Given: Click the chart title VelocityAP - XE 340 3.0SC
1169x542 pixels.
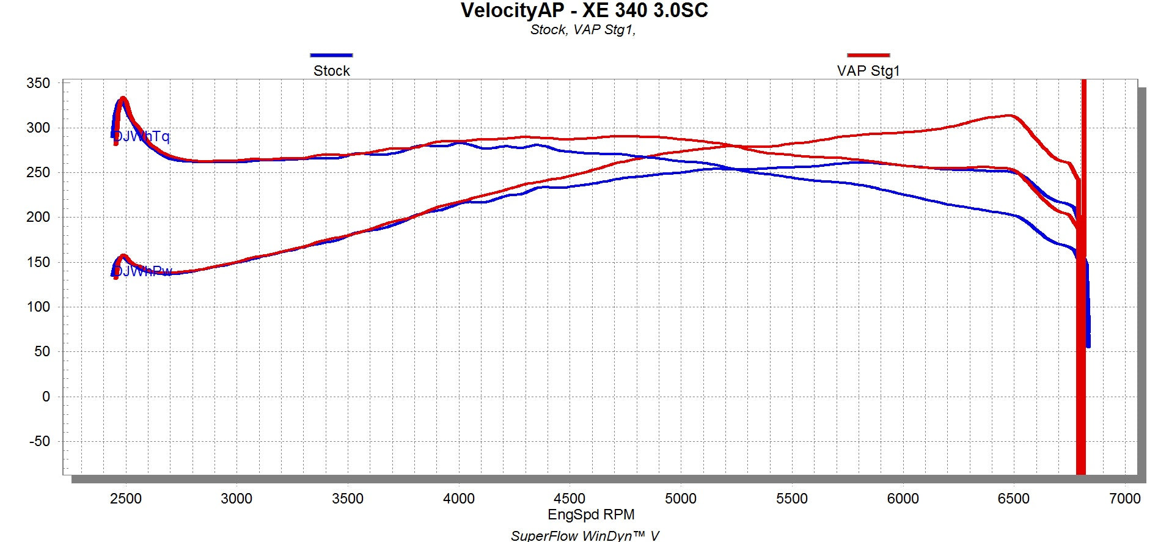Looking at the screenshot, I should (x=584, y=11).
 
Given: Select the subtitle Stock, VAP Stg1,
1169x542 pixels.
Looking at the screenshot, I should (x=582, y=30).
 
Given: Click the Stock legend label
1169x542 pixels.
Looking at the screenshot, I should (x=331, y=71).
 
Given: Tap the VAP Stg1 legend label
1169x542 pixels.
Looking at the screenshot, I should (x=868, y=71).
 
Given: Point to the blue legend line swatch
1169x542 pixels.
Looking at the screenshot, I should (x=331, y=55).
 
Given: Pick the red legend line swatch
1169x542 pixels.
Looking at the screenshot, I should (x=868, y=55).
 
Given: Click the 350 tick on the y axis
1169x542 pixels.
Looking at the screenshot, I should (x=38, y=83).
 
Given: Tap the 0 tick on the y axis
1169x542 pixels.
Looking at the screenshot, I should (x=46, y=397).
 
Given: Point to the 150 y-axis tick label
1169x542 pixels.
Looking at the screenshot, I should (x=38, y=262).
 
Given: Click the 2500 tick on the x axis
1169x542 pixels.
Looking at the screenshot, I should (x=125, y=499).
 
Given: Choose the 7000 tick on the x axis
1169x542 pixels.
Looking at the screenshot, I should (x=1124, y=499).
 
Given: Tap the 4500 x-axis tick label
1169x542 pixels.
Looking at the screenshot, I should (x=569, y=499).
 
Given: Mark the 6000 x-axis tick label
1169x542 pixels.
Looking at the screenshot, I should (x=903, y=499).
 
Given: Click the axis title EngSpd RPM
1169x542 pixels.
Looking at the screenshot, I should (x=591, y=515).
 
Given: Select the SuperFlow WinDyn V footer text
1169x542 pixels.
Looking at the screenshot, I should (x=585, y=535).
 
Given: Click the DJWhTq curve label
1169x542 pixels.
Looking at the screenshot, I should (x=141, y=136).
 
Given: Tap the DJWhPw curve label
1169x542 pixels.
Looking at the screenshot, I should (x=142, y=271).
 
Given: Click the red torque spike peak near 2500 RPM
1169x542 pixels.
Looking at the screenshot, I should (x=123, y=98).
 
